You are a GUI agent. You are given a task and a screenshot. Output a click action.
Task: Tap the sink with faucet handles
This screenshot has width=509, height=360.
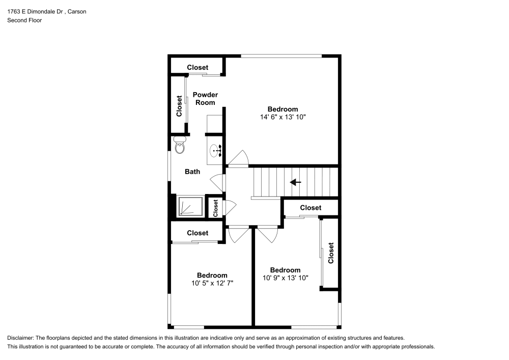coord(215,150)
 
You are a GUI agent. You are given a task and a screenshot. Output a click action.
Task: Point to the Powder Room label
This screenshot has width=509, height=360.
coord(205,98)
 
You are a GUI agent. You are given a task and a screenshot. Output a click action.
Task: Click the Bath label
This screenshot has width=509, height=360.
coord(192,172)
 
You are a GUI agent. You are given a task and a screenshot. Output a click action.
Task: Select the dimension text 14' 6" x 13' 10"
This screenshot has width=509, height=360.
coord(282,117)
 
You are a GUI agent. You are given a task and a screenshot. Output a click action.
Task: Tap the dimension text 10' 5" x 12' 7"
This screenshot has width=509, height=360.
coord(212,283)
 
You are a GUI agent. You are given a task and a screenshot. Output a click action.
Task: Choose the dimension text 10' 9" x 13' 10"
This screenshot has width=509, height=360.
coord(285,278)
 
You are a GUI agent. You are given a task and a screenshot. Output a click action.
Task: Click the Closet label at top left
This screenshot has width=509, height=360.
coord(197,67)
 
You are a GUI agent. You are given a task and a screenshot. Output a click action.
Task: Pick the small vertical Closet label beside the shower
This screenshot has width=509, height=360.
coord(215,207)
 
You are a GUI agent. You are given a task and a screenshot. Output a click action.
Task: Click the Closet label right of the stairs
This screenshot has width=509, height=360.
coord(310,208)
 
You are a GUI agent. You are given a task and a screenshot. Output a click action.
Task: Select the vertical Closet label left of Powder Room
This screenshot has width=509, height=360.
coord(179,106)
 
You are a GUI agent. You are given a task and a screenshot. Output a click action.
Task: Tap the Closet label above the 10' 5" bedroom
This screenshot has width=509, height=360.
coord(197,233)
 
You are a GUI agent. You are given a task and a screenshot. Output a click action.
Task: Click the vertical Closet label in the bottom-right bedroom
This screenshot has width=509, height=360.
coord(331,253)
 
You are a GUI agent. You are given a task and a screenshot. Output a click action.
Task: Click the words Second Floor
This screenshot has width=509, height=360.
coord(24,20)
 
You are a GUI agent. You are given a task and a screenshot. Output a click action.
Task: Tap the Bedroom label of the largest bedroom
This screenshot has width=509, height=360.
coord(282,109)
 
